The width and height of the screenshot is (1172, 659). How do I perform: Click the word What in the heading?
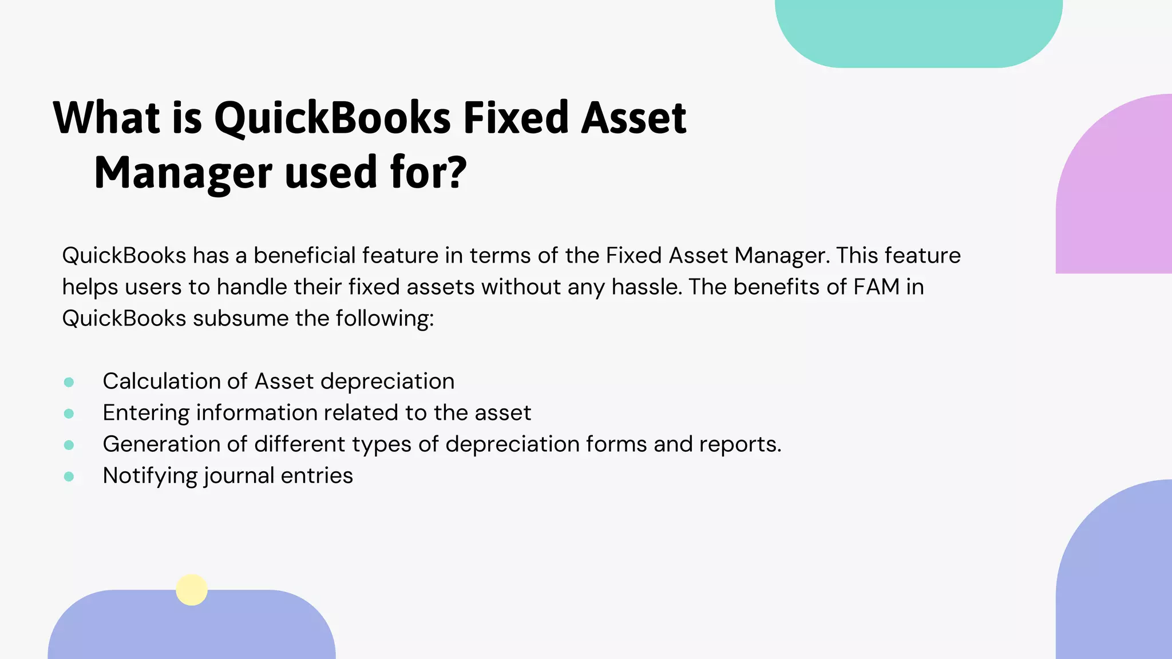[106, 118]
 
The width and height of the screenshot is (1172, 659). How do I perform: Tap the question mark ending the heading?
[456, 172]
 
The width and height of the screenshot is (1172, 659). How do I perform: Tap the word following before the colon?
[383, 318]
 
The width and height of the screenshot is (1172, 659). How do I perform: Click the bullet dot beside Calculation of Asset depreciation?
[69, 382]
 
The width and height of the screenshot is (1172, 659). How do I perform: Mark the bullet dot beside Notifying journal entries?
[69, 477]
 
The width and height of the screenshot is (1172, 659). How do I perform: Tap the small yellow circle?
[192, 589]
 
